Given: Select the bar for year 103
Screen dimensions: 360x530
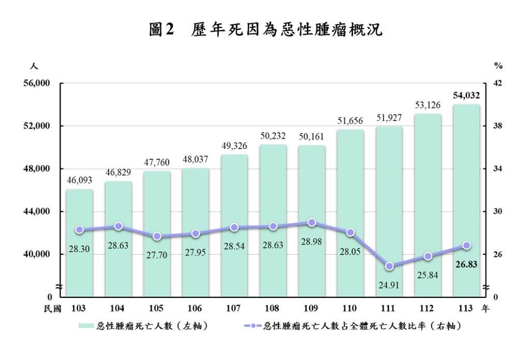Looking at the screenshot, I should pyautogui.click(x=79, y=243).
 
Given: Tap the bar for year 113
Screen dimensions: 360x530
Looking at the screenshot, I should pyautogui.click(x=466, y=202).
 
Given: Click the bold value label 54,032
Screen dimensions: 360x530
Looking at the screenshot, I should pyautogui.click(x=466, y=95).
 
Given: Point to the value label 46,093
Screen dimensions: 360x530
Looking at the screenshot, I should pyautogui.click(x=79, y=181).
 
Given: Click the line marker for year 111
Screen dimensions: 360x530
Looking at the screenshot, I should pyautogui.click(x=389, y=266).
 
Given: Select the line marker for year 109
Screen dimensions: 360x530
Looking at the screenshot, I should pyautogui.click(x=312, y=222).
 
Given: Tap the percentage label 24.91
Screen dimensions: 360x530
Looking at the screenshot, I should pyautogui.click(x=389, y=285).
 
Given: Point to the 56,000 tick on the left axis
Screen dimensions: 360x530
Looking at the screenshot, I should pyautogui.click(x=36, y=83).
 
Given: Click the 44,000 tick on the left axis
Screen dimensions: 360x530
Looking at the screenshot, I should pyautogui.click(x=36, y=212).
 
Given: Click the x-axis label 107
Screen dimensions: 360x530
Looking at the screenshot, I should pyautogui.click(x=234, y=308).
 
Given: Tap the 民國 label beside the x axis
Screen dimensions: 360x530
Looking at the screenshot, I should pyautogui.click(x=53, y=308).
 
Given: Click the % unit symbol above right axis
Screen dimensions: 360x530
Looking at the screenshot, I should pyautogui.click(x=498, y=66).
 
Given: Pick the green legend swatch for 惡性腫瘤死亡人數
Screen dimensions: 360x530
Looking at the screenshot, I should pyautogui.click(x=87, y=326).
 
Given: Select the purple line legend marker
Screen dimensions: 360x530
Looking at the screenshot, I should pyautogui.click(x=252, y=326).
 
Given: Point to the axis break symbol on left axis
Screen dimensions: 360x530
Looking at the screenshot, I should pyautogui.click(x=60, y=287).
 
